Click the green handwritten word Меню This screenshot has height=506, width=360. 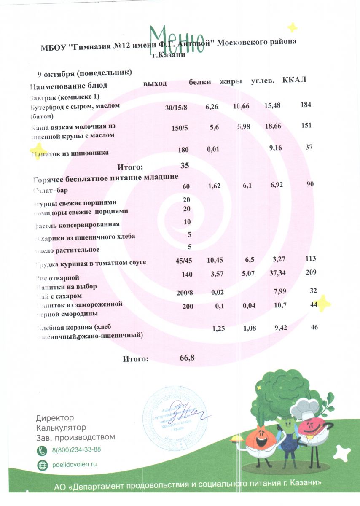177,39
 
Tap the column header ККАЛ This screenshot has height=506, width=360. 295,80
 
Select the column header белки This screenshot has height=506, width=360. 200,82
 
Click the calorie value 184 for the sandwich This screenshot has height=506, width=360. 306,105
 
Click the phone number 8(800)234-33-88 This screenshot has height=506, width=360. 76,449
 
